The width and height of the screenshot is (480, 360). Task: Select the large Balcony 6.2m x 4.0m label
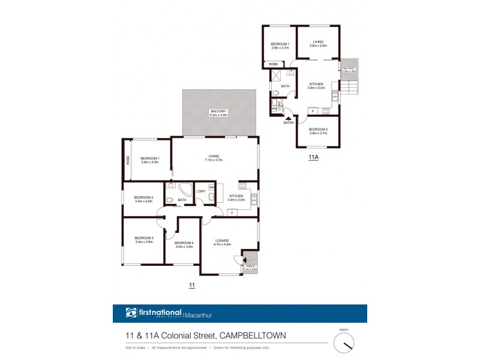[218, 113]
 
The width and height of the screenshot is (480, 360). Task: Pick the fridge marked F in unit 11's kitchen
[231, 212]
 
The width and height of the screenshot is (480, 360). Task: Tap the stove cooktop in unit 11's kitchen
[243, 186]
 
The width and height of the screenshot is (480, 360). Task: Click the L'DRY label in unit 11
[200, 192]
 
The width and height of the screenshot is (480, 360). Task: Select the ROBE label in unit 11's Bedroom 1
[127, 160]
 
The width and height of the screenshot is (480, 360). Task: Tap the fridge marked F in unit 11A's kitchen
[312, 111]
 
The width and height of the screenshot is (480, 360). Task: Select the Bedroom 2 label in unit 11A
[318, 131]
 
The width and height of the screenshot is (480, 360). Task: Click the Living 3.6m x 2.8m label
[318, 44]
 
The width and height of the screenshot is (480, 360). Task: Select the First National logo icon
[131, 313]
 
